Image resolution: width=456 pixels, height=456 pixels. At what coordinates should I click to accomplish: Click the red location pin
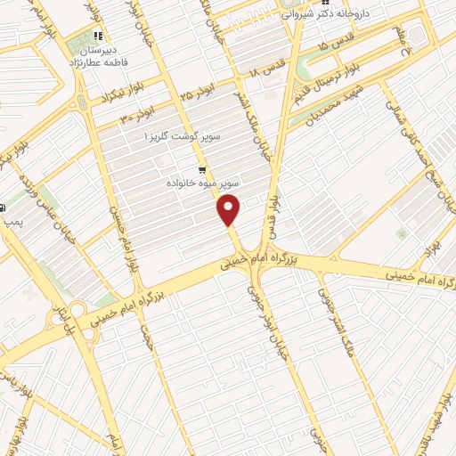[x=229, y=210]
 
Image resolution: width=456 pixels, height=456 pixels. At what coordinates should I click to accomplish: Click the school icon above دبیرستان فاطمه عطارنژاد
[x=97, y=37]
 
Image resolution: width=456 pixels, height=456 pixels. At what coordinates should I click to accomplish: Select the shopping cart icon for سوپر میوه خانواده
[x=202, y=169]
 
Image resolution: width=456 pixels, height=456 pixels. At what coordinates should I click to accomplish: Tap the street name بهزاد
[x=427, y=248]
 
